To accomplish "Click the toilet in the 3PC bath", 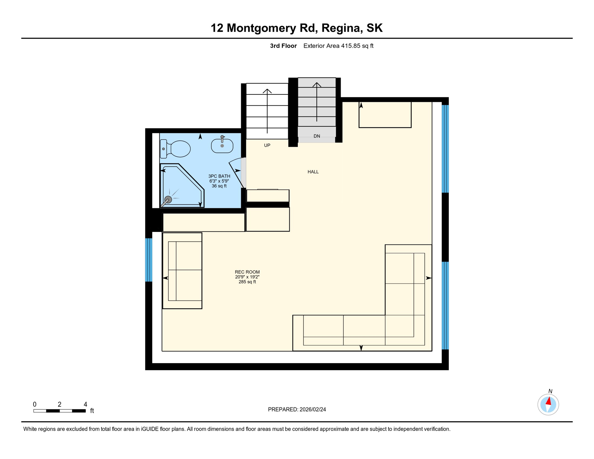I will pos(176,149).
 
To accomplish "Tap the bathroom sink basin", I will pos(222,146).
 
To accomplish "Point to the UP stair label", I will pos(267,145).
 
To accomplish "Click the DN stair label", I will pos(317,136).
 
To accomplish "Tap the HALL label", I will pos(313,172).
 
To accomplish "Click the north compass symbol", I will pos(548,405).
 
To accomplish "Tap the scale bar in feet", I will pos(59,411).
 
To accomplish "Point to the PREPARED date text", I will pos(297,409).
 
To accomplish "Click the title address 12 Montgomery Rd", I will pos(296,28).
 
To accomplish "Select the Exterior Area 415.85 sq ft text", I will pos(338,46).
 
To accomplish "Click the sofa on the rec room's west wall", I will pos(182,271).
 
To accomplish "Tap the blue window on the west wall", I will pos(148,260).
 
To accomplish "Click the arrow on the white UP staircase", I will pos(267,111).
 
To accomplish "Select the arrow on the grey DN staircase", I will pos(317,102).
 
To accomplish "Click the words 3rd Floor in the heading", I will pos(283,46).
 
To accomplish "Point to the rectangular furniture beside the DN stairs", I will pos(385,115).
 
